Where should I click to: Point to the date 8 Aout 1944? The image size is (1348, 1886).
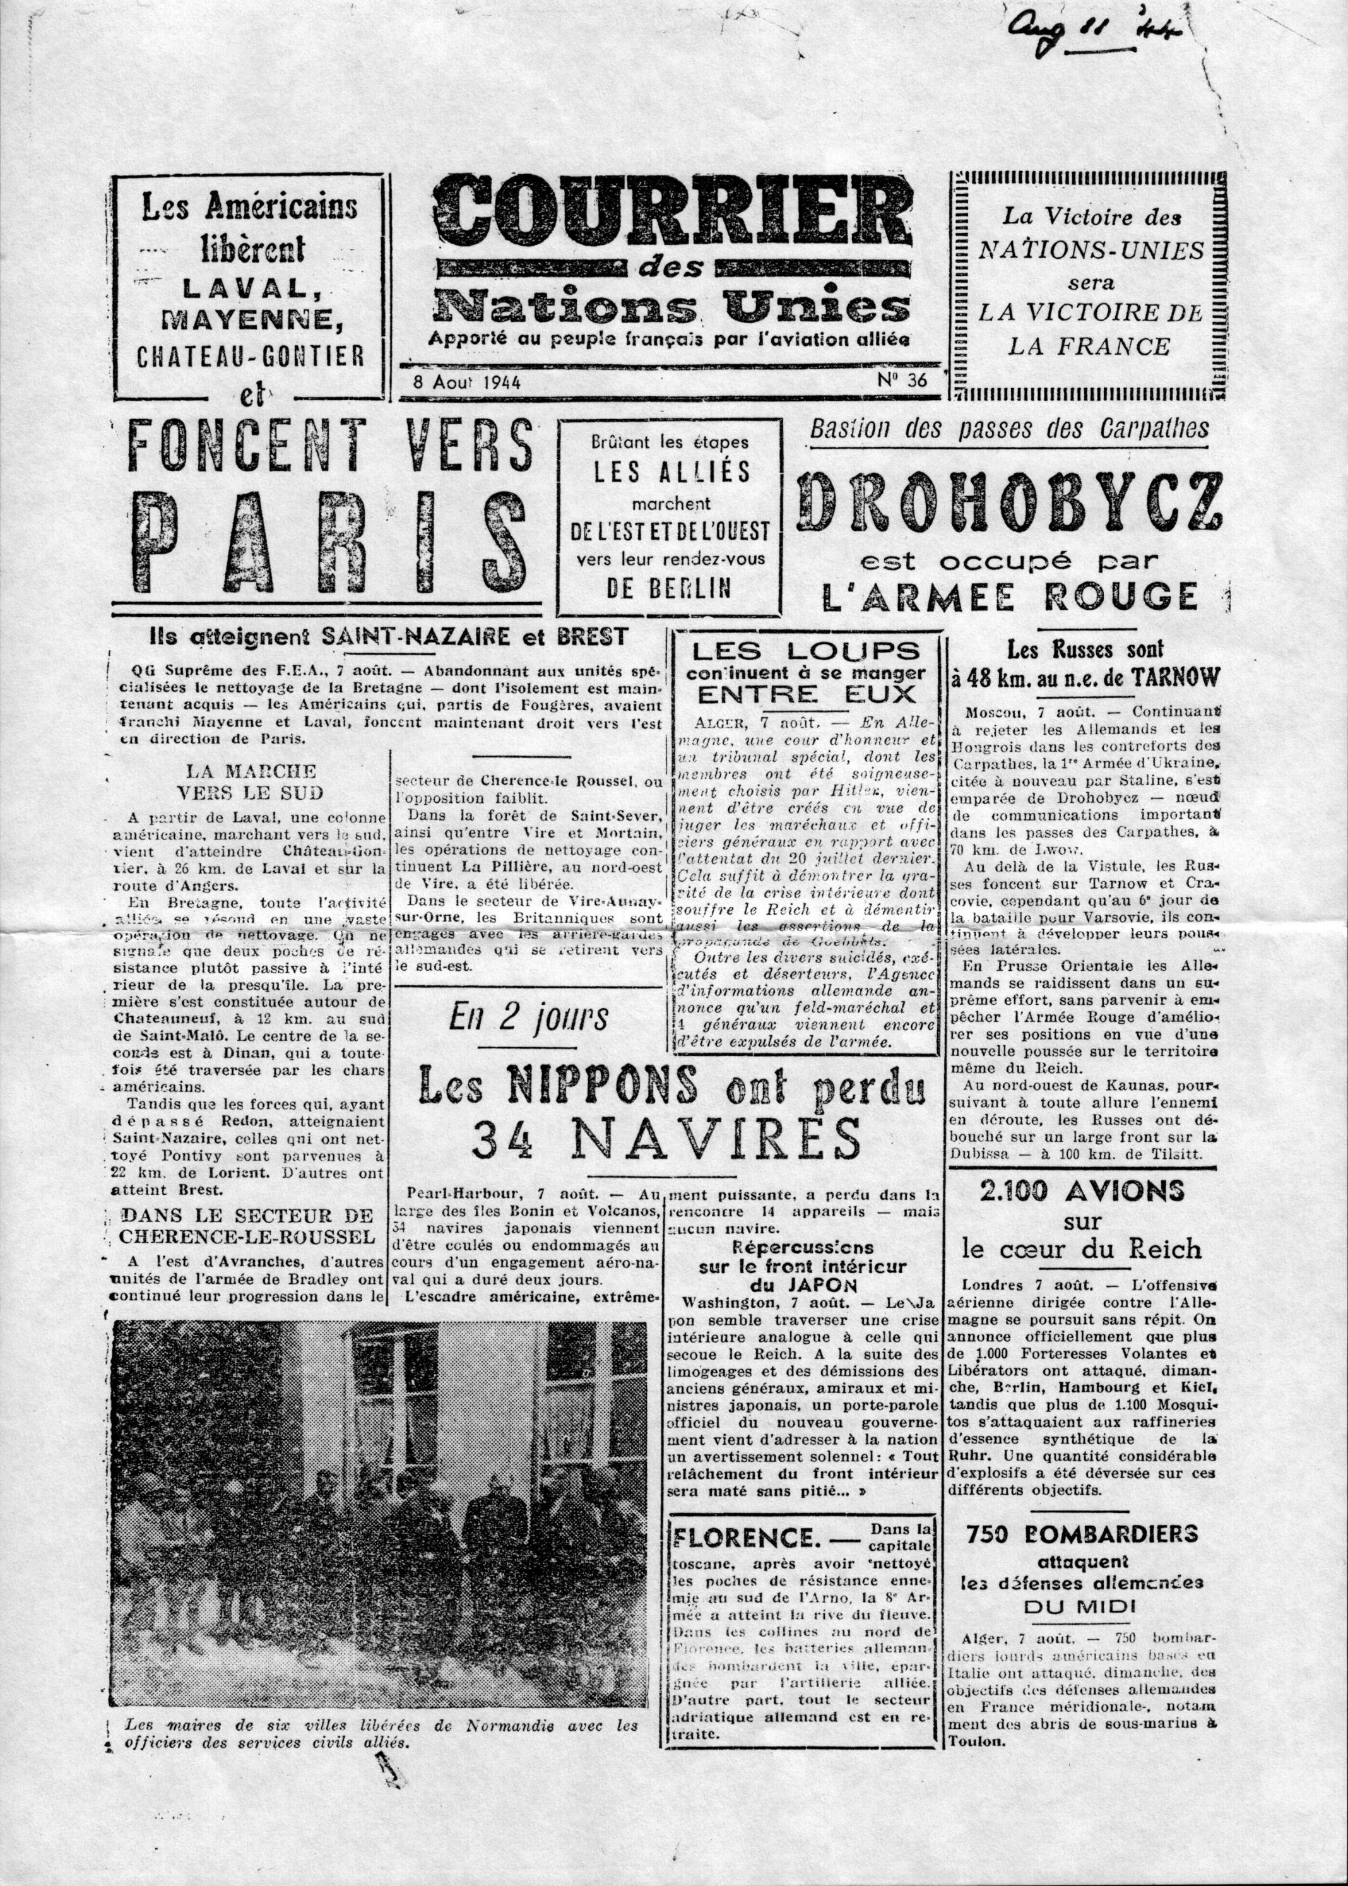click(466, 382)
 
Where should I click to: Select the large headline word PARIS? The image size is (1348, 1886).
click(330, 540)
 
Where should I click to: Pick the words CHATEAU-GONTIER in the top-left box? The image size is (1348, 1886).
click(250, 356)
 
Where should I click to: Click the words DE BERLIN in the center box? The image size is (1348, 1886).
click(668, 588)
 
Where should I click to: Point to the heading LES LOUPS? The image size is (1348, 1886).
click(805, 651)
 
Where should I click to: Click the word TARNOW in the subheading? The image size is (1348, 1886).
click(1173, 678)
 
